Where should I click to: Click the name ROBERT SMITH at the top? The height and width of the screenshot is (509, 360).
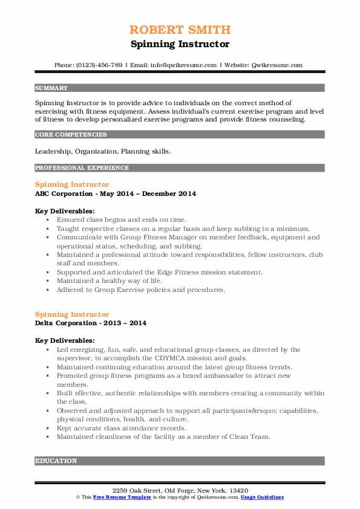click(x=180, y=30)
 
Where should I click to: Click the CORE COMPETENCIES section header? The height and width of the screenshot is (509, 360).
click(x=71, y=135)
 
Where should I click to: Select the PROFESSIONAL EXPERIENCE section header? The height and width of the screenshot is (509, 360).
click(x=82, y=168)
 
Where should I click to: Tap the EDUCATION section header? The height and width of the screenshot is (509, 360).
click(x=56, y=461)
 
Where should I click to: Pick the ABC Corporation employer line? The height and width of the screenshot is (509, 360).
click(x=116, y=193)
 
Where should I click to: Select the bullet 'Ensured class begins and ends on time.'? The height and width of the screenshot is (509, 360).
click(x=122, y=220)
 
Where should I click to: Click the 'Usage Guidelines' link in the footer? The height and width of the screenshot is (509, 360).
click(x=262, y=496)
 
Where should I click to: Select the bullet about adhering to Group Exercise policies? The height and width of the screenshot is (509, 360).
click(x=141, y=290)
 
